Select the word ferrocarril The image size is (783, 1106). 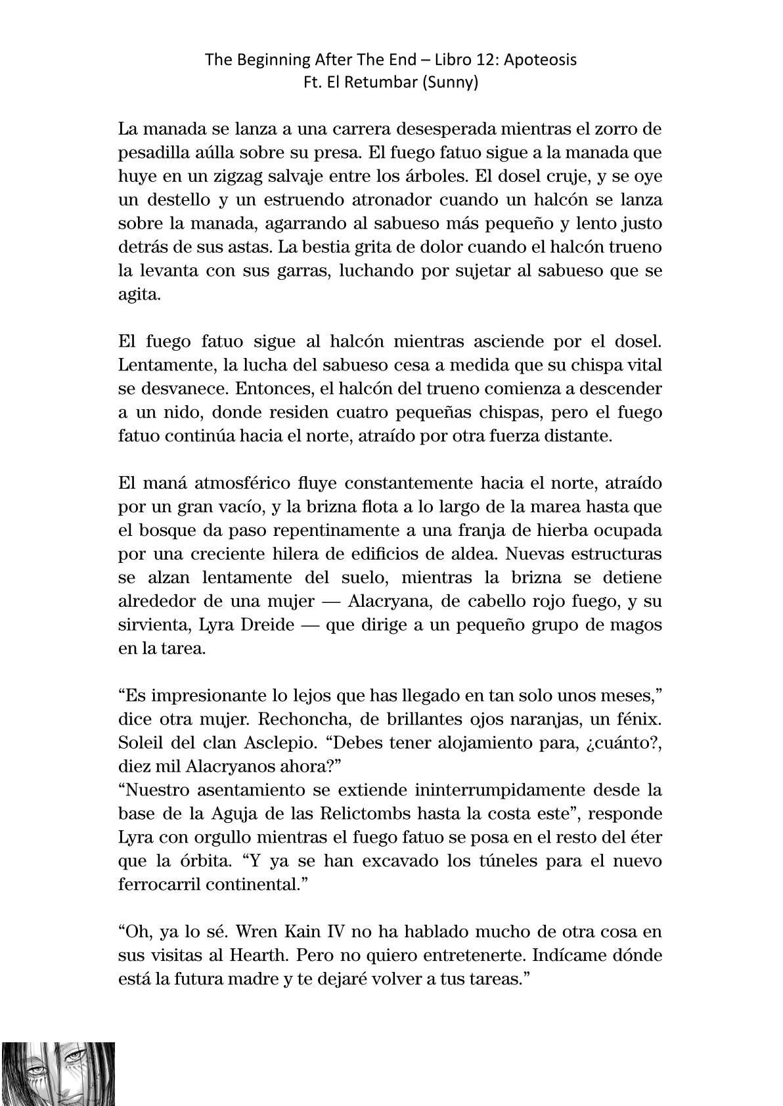158,884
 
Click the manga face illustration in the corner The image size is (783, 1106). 58,1074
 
